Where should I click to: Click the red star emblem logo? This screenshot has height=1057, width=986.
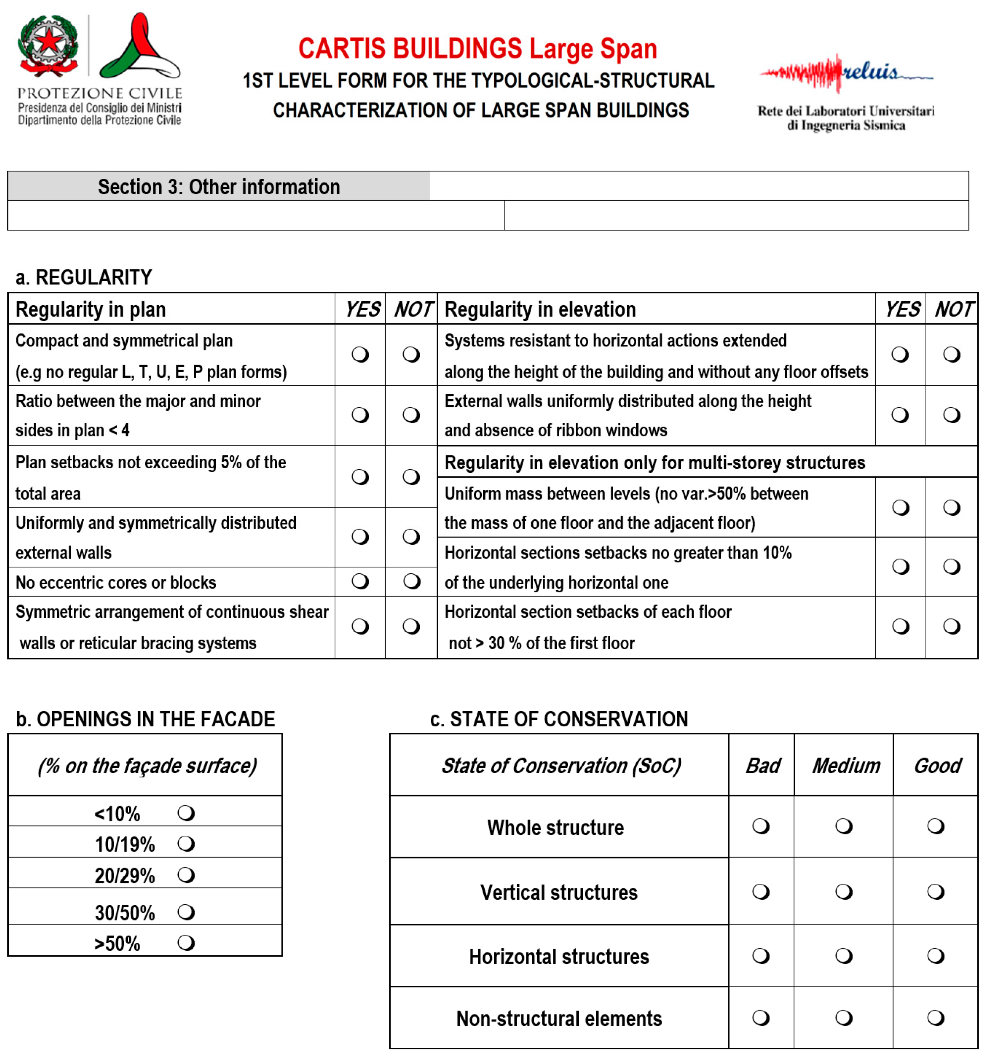pyautogui.click(x=48, y=44)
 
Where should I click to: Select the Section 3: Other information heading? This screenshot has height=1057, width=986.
pyautogui.click(x=218, y=186)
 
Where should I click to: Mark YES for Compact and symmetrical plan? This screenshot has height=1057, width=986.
pyautogui.click(x=360, y=354)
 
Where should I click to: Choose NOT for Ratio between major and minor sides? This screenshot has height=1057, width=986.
pyautogui.click(x=411, y=415)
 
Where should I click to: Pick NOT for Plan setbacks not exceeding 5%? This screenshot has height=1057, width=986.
pyautogui.click(x=411, y=476)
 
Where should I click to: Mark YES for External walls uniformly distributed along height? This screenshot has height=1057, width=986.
pyautogui.click(x=899, y=415)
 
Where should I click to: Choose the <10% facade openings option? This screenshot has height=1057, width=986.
pyautogui.click(x=186, y=813)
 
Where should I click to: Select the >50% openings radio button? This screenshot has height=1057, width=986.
pyautogui.click(x=186, y=943)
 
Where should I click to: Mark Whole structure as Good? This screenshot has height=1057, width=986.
pyautogui.click(x=935, y=826)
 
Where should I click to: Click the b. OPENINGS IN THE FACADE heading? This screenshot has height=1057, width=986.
pyautogui.click(x=145, y=719)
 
